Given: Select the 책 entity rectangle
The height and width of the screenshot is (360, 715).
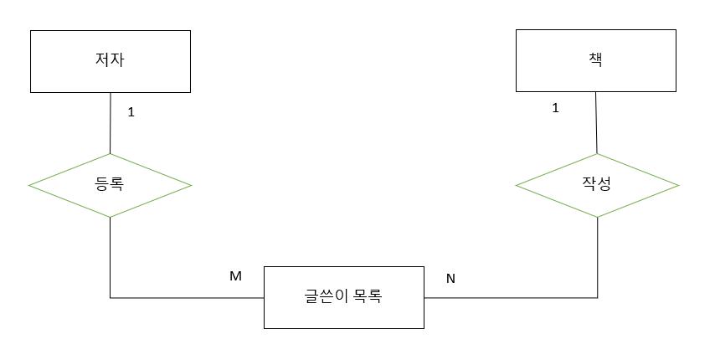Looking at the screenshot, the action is [596, 60].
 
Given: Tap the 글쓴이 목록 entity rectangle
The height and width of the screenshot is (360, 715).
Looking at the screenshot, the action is [343, 297].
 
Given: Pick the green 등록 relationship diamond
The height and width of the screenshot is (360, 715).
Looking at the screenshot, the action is [110, 185].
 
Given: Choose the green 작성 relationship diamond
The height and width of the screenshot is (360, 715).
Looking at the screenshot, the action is [597, 185].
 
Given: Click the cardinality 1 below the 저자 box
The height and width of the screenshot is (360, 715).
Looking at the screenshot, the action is [131, 111].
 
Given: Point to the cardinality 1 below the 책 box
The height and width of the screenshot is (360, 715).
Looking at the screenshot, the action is [555, 108].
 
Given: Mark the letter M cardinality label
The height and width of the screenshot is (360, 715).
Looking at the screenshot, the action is [235, 275].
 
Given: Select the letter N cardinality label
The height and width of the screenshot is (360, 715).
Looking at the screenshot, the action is [450, 278].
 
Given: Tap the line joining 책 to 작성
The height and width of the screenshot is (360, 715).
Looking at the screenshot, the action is [596, 122].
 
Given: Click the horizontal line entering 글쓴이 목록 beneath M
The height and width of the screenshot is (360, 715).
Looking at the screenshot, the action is [188, 297].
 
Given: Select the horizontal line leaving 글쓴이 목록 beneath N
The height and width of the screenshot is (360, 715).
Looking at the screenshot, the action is [511, 297].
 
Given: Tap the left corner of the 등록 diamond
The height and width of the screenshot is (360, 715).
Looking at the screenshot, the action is [29, 185].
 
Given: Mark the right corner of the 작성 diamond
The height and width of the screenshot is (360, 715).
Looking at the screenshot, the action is [677, 185].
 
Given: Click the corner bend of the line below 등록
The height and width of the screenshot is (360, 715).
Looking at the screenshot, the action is [110, 297].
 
